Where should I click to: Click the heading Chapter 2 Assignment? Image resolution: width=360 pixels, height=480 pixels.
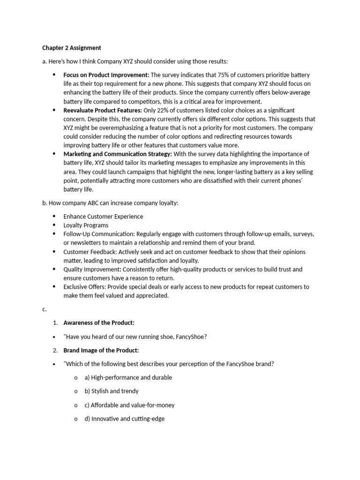71,48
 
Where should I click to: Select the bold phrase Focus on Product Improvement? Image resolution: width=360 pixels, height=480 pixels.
106,75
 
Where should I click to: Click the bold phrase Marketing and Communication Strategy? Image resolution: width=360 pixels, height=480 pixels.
118,154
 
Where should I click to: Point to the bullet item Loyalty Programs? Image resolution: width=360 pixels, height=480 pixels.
86,225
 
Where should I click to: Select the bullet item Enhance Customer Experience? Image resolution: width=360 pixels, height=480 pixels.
103,217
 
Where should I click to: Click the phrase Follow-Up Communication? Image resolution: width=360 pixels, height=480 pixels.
99,234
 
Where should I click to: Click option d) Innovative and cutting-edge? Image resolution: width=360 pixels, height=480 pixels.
124,419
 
